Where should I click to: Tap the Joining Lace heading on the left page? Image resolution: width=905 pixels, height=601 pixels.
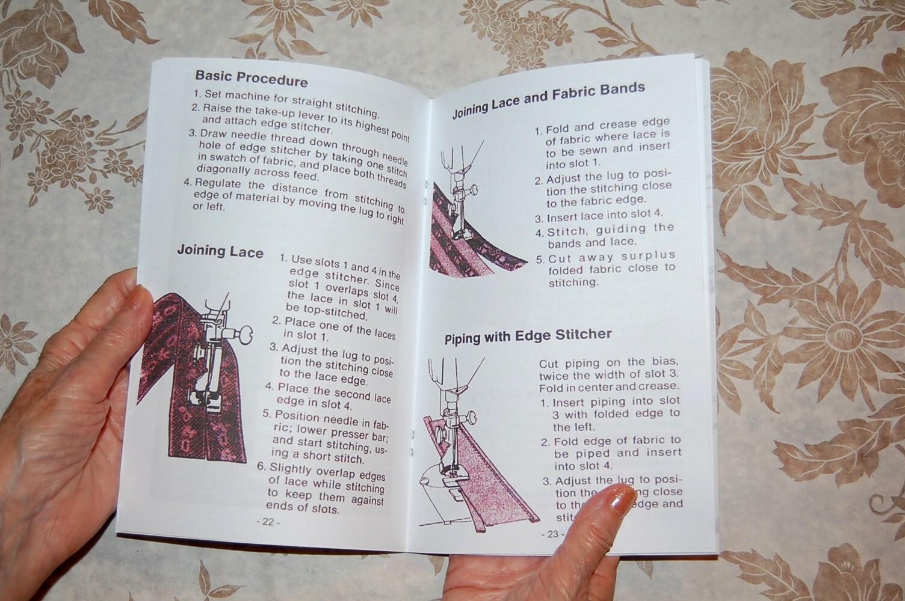[x=220, y=251]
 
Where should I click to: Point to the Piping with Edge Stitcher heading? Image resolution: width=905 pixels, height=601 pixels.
[x=528, y=336]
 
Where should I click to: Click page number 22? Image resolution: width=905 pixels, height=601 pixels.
[x=268, y=522]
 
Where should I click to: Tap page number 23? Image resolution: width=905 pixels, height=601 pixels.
[x=552, y=534]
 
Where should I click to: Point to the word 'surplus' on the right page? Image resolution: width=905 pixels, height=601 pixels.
[x=649, y=255]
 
